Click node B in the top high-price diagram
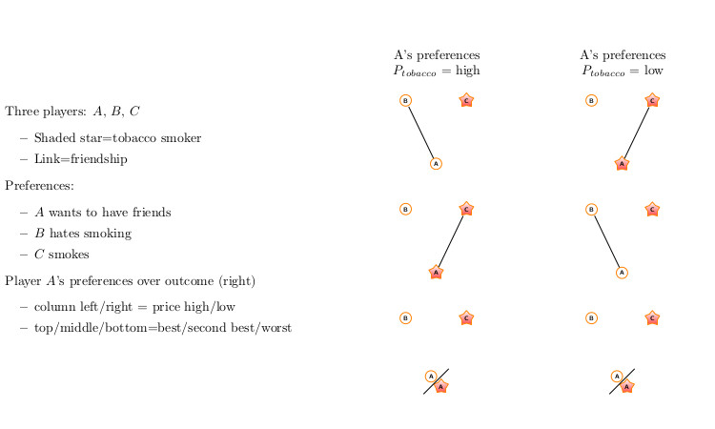coord(405,101)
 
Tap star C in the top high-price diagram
coord(466,100)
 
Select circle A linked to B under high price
coord(436,164)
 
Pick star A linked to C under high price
coord(436,272)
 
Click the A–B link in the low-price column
coord(607,241)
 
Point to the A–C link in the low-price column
coord(637,133)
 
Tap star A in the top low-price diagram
coord(622,163)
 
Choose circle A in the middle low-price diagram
coord(622,273)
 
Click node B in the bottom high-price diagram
coord(405,317)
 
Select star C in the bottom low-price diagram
coord(652,317)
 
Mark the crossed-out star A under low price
coord(627,387)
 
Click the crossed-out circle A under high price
coord(431,377)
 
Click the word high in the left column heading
coord(467,71)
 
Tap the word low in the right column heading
coord(653,71)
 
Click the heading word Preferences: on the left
coord(39,186)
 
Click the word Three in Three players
coord(21,112)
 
